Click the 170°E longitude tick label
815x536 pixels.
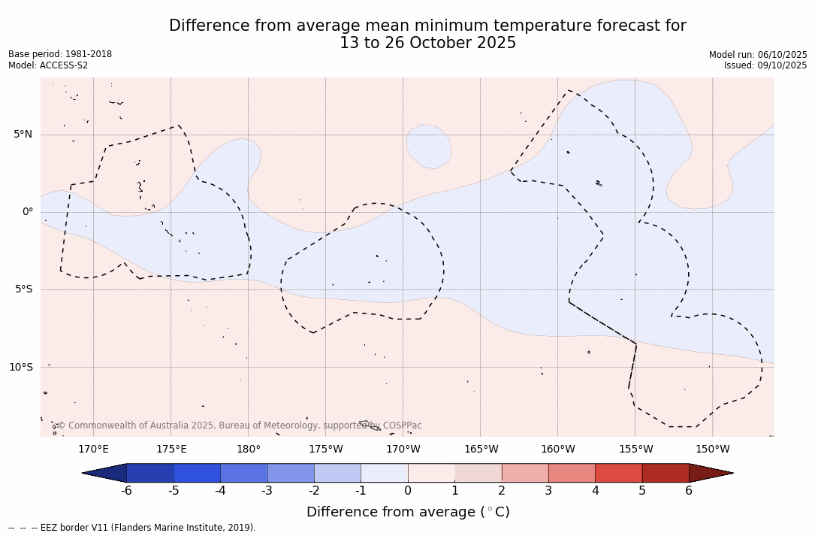[x=94, y=450]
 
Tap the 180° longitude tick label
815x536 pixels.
[x=249, y=450]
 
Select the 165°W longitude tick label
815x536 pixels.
[x=481, y=450]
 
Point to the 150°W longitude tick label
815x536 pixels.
[x=712, y=450]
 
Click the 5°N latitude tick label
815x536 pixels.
[x=23, y=135]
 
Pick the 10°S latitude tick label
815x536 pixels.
[x=20, y=367]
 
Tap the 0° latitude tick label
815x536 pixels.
[x=27, y=212]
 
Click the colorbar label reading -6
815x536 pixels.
[x=127, y=491]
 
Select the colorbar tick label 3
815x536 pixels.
[x=548, y=491]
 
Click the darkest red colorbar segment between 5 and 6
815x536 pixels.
[x=666, y=473]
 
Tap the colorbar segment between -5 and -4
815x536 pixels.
[x=197, y=473]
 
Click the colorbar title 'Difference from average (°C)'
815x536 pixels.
[x=408, y=512]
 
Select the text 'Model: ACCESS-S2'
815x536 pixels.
[x=48, y=65]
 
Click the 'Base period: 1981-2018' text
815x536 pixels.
[x=60, y=54]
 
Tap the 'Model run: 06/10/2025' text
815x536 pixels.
[x=758, y=55]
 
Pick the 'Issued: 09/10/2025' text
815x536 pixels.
[x=765, y=65]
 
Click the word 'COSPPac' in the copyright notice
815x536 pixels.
[x=402, y=425]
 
